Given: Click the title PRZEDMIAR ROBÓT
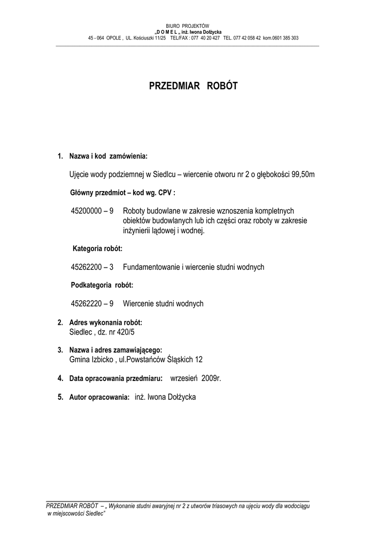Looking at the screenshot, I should tap(193, 86).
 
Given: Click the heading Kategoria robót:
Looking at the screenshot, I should tap(98, 249).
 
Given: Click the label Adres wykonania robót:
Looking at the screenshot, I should tap(106, 323).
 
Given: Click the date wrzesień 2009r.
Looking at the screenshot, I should tap(195, 378).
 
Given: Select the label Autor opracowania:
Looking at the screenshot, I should tap(99, 397).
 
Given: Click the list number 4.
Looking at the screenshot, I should tap(60, 378).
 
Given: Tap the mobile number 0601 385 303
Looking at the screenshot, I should tap(285, 39).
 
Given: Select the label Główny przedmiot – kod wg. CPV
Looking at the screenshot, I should tap(122, 193).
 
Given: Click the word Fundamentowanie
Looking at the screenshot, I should tap(149, 267).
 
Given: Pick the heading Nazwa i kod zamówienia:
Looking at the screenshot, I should tap(108, 156).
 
